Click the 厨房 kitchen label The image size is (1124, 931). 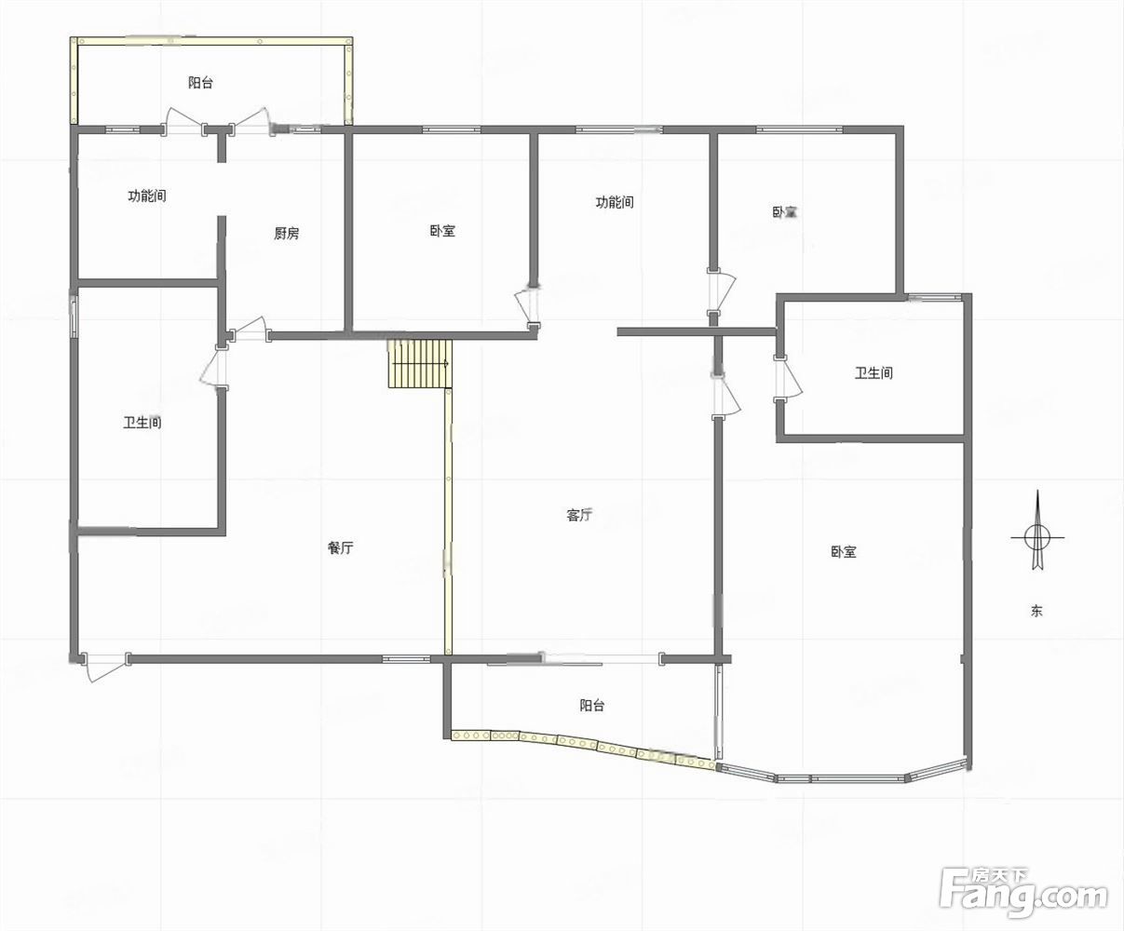coord(286,233)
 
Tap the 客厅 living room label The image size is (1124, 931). coord(579,515)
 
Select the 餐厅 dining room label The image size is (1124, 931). coord(340,547)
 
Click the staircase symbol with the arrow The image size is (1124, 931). coord(420,363)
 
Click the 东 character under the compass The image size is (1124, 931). coord(1036,611)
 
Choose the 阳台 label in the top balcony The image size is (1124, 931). coord(200,82)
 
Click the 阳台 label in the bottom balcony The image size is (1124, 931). coord(591,706)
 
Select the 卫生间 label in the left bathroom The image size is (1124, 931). coord(142,423)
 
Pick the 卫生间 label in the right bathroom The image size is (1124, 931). coord(873,373)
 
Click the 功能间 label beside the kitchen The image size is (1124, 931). coord(147,196)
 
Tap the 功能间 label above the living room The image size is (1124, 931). coord(615,202)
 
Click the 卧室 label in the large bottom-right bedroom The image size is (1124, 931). coord(843,551)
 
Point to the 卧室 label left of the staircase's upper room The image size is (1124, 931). coord(442,231)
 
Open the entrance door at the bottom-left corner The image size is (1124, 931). coord(105,667)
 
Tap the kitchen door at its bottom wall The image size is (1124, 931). coord(249,329)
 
